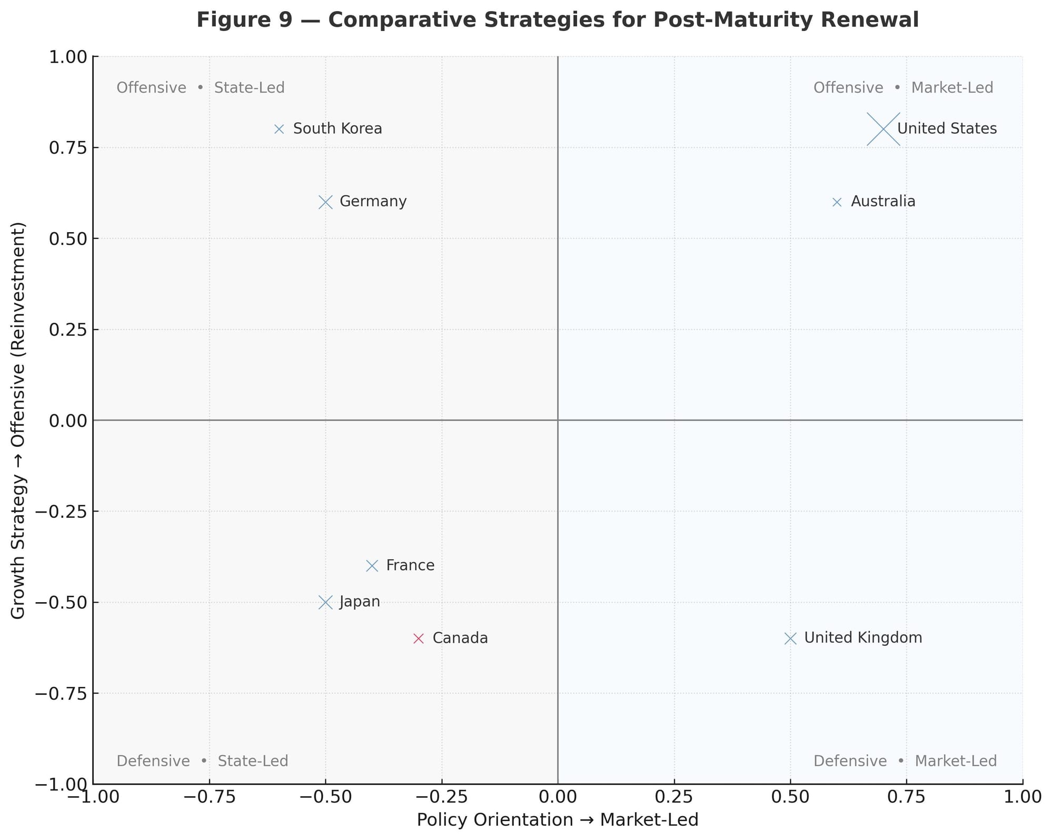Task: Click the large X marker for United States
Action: coord(883,129)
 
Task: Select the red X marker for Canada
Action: coord(419,638)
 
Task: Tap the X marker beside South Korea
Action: coord(279,129)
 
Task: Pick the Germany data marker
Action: coord(325,202)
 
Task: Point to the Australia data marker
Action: coord(837,202)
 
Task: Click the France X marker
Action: coord(372,566)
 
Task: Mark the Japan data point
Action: coord(325,602)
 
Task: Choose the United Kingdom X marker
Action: coord(790,638)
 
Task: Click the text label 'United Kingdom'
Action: coord(863,638)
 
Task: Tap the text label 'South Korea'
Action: coord(337,129)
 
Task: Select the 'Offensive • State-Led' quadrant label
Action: coord(201,88)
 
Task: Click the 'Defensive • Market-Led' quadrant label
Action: coord(905,761)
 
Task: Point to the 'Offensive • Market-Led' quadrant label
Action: coord(903,88)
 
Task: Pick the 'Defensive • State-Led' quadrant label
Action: coord(202,761)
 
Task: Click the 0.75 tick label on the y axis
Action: coord(68,148)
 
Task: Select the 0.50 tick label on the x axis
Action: coord(790,797)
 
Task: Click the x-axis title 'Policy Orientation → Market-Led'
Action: coord(558,820)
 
